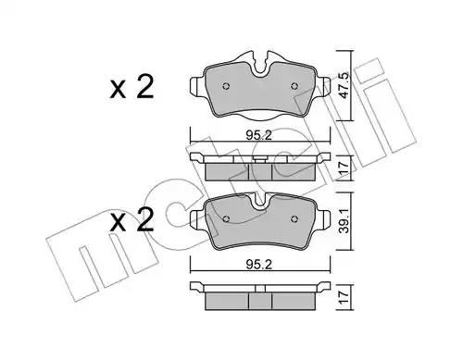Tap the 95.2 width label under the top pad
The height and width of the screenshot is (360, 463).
259,135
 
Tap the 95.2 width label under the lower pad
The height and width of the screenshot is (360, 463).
259,264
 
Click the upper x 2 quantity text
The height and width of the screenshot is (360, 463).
131,87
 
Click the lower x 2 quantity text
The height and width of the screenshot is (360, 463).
131,219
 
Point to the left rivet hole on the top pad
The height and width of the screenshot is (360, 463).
226,86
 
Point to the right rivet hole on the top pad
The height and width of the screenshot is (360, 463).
294,86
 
